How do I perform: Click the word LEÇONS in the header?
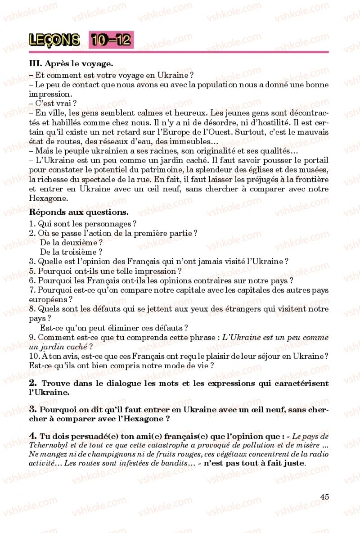(x=54, y=40)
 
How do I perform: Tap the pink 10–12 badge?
(x=111, y=40)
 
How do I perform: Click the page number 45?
(x=324, y=496)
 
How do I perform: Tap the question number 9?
(x=31, y=337)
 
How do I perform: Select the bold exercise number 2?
(x=32, y=383)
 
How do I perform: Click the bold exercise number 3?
(x=32, y=409)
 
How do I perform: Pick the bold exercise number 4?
(x=32, y=436)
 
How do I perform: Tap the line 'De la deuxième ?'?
(x=72, y=243)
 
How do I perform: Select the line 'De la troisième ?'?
(x=71, y=252)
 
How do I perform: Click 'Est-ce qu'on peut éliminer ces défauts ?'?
(x=114, y=328)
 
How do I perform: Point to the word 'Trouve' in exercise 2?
(x=54, y=384)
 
